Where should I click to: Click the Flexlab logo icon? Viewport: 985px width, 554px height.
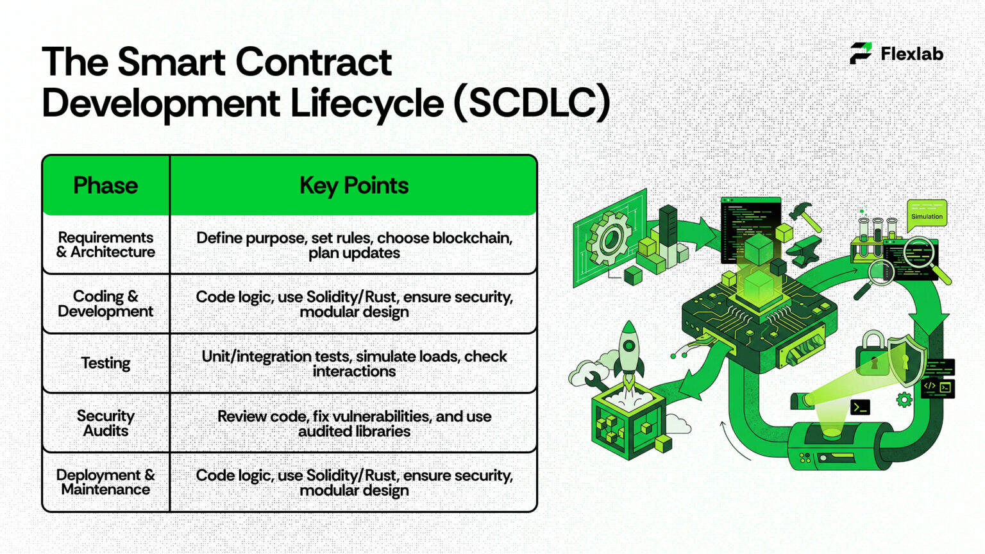click(861, 53)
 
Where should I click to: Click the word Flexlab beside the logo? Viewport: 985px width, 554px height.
click(911, 54)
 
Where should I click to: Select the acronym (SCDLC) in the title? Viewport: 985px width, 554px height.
click(532, 103)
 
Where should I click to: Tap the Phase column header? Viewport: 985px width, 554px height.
click(105, 185)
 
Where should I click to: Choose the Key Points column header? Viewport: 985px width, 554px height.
click(353, 185)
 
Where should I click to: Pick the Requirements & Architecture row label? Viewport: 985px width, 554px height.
click(105, 245)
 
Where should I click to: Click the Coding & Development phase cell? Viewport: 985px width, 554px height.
click(105, 304)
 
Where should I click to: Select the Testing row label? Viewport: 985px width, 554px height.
click(105, 363)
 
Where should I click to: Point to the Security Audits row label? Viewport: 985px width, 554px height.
click(105, 423)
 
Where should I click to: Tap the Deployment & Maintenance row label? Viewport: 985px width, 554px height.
click(105, 482)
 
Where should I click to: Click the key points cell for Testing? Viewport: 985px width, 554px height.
click(354, 364)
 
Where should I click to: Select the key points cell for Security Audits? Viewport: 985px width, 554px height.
click(354, 423)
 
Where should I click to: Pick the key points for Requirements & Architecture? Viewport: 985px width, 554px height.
click(354, 245)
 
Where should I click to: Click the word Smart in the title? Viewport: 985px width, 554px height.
click(171, 62)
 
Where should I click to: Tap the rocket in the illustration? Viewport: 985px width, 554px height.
click(629, 353)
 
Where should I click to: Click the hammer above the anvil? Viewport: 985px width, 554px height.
click(804, 216)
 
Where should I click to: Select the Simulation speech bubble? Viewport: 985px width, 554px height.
click(927, 214)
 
